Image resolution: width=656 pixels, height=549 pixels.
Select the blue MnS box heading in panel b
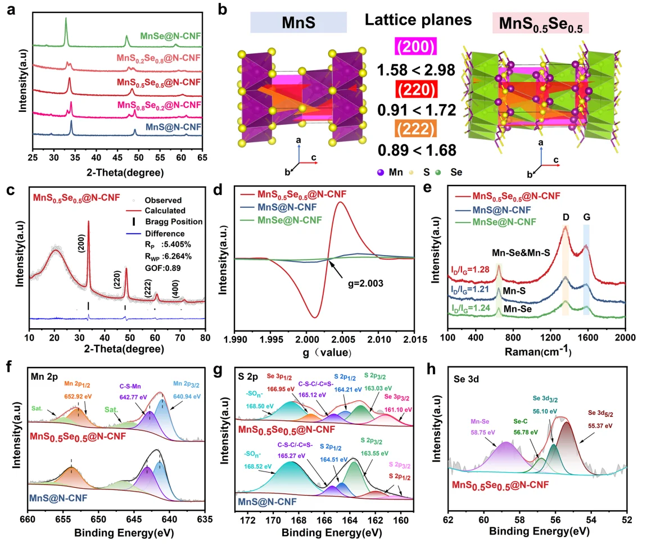click(298, 25)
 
